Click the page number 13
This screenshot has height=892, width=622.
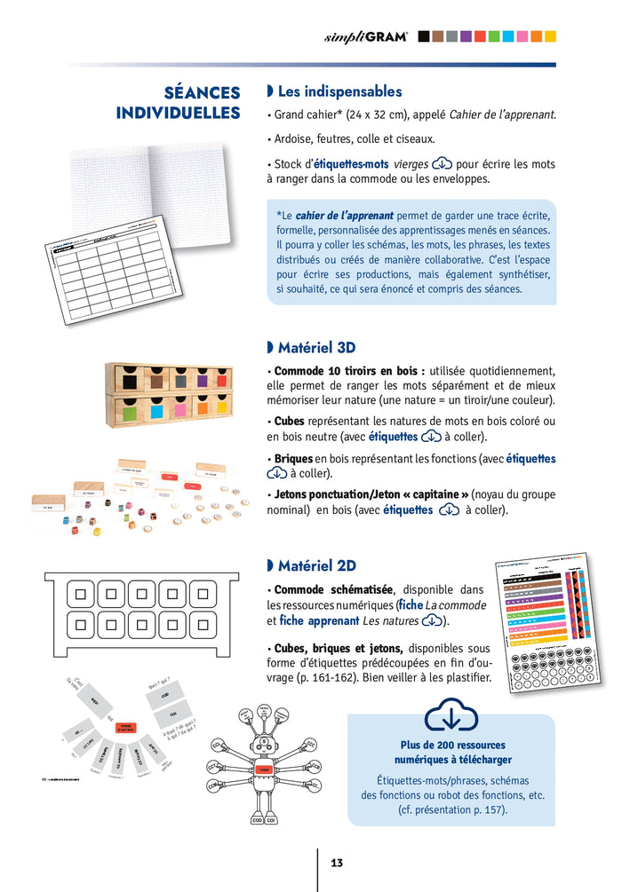tap(337, 863)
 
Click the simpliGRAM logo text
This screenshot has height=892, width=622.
tap(367, 36)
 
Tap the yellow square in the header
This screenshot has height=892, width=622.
tap(551, 36)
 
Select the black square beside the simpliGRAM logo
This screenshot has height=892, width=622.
tap(424, 36)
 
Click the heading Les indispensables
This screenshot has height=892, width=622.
tap(339, 91)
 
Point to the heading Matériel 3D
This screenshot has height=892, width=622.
tap(316, 347)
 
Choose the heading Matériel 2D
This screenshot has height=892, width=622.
tap(316, 565)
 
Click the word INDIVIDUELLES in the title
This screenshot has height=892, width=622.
tap(178, 114)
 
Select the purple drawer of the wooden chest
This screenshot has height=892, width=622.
tap(202, 378)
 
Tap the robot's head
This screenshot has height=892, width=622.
tap(262, 741)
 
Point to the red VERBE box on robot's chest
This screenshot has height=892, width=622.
tap(263, 770)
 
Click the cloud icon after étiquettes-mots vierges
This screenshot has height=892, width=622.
tap(442, 164)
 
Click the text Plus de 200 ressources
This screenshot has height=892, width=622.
tap(450, 745)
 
